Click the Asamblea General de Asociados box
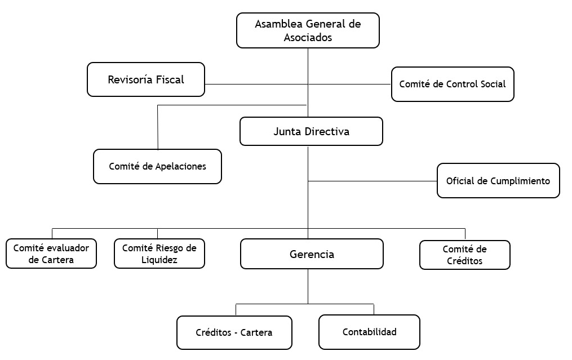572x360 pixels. (x=308, y=30)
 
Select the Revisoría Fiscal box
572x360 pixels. (x=146, y=79)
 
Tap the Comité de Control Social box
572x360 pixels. (x=453, y=85)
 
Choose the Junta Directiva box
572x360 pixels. (x=311, y=131)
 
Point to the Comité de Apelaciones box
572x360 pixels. (x=158, y=166)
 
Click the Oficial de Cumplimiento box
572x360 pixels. (x=498, y=180)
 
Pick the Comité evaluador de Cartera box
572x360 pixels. (x=51, y=254)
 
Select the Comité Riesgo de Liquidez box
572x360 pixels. (x=159, y=254)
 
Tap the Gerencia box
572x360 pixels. (x=312, y=254)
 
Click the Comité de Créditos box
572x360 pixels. (x=465, y=255)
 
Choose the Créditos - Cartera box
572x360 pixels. (x=234, y=332)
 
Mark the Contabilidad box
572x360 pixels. (x=369, y=332)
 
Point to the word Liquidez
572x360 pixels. (x=159, y=260)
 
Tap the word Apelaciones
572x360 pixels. (x=180, y=167)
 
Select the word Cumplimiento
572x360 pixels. (x=520, y=181)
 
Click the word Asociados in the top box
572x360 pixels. (x=308, y=37)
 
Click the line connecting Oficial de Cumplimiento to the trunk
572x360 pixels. (x=373, y=181)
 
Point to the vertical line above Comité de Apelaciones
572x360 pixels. (x=158, y=127)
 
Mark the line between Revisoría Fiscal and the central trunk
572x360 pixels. (x=256, y=85)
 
